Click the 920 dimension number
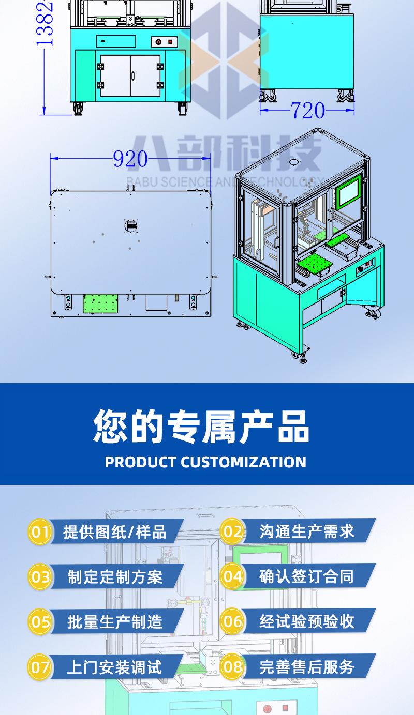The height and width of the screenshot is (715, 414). (x=130, y=160)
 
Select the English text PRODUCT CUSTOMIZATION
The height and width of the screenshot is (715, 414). (x=205, y=462)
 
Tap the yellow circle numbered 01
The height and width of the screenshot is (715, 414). (x=40, y=531)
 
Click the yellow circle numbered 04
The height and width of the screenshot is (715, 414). (x=232, y=576)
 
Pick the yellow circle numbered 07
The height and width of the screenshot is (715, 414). (x=40, y=667)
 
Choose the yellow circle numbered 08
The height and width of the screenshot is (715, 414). (x=232, y=667)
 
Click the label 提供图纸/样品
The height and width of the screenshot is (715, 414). (x=114, y=531)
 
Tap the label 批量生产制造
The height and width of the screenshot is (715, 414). (x=114, y=621)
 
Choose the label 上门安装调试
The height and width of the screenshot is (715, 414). (x=114, y=667)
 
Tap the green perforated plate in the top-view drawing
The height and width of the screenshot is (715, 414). (x=100, y=303)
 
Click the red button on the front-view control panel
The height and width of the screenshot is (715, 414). (x=158, y=42)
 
